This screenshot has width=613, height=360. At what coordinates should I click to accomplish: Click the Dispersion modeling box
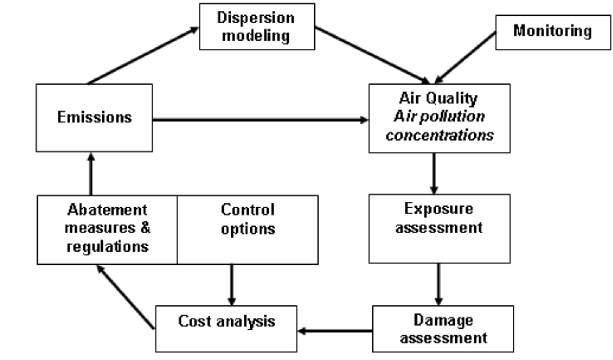tap(257, 27)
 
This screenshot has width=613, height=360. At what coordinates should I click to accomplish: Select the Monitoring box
tap(553, 32)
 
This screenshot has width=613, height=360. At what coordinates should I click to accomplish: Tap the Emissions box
tap(94, 118)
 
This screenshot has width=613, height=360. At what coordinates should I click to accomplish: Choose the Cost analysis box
tap(226, 329)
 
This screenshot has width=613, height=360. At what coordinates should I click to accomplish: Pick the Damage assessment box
tap(443, 329)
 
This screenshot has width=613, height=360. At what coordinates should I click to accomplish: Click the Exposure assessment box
tap(439, 229)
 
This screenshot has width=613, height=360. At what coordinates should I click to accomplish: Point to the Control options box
tap(248, 230)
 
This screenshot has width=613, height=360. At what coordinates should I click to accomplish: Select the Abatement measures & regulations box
tap(107, 230)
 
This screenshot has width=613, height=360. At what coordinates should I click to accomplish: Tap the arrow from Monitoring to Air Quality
tap(465, 58)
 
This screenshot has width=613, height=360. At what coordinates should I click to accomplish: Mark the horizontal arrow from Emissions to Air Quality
tap(260, 120)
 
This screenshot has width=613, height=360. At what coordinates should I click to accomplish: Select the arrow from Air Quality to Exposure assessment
tap(434, 174)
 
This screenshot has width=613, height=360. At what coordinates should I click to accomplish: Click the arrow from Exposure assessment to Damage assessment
tap(438, 284)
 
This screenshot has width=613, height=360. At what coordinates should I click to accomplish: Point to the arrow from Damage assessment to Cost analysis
tap(335, 331)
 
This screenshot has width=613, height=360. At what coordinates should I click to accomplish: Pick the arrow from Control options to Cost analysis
tap(231, 285)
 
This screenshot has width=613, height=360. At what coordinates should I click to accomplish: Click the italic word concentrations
tap(439, 135)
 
